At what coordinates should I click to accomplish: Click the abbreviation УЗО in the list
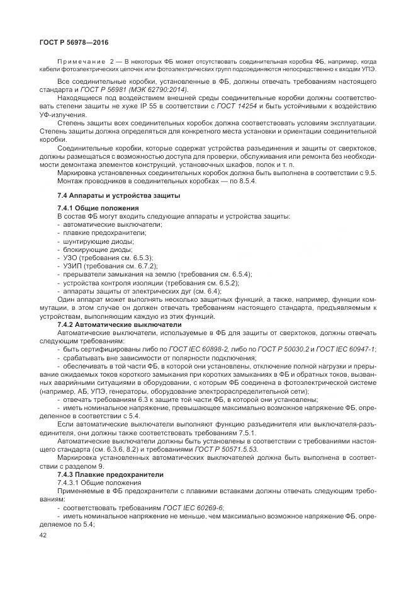pyautogui.click(x=70, y=258)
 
